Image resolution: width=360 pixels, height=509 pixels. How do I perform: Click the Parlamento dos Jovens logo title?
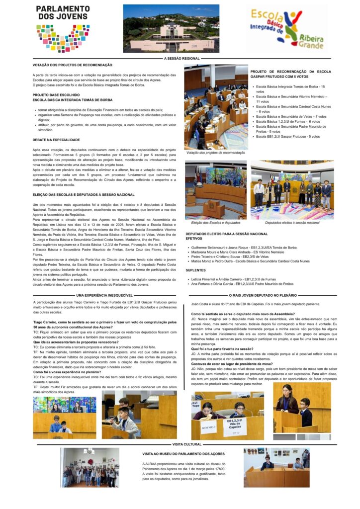click(62, 13)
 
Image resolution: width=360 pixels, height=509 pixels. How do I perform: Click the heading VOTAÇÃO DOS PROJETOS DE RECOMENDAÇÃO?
click(73, 65)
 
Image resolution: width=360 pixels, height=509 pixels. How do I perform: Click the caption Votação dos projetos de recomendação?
click(216, 153)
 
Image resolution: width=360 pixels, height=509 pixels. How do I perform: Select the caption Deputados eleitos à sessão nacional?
click(292, 223)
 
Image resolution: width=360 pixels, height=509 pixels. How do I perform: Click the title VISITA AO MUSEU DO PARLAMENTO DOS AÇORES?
click(183, 454)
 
